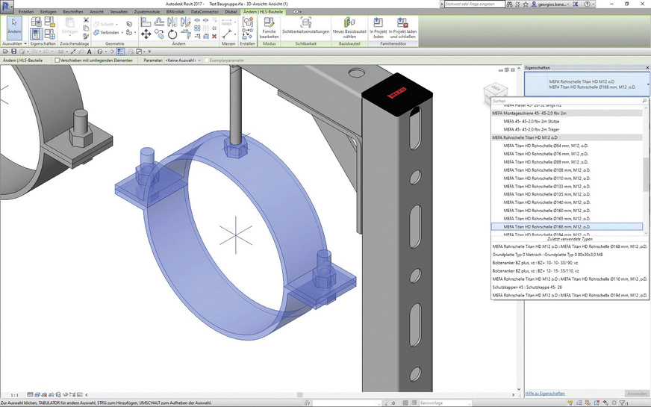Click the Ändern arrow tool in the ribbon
click(x=13, y=29)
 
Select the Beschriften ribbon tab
click(x=73, y=12)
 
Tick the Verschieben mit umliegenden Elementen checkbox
click(x=56, y=60)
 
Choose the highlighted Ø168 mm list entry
click(x=547, y=226)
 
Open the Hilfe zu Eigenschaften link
click(x=546, y=393)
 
